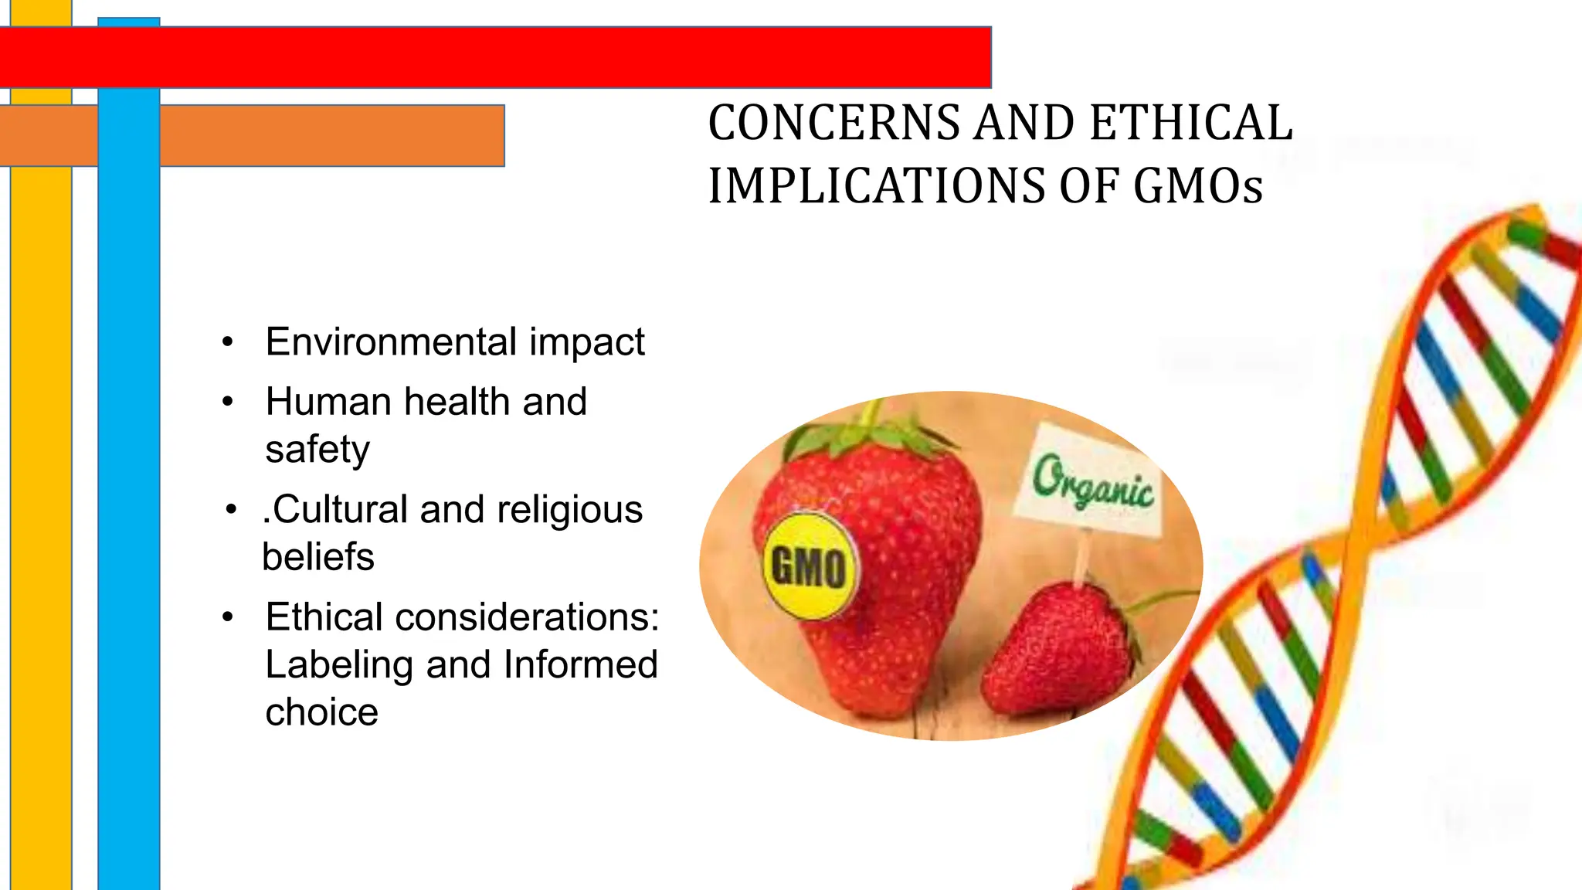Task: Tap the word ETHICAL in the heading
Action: tap(1191, 124)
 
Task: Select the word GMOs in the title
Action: tap(1197, 187)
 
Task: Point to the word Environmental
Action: tap(391, 341)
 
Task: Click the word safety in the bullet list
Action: tap(317, 450)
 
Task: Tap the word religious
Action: tap(569, 510)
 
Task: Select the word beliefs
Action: tap(318, 557)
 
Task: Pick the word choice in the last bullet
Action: tap(321, 712)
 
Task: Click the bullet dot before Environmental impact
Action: tap(227, 342)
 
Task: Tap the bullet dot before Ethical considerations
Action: tap(227, 617)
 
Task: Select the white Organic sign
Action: tap(1091, 481)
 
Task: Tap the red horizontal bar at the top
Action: tap(541, 57)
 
